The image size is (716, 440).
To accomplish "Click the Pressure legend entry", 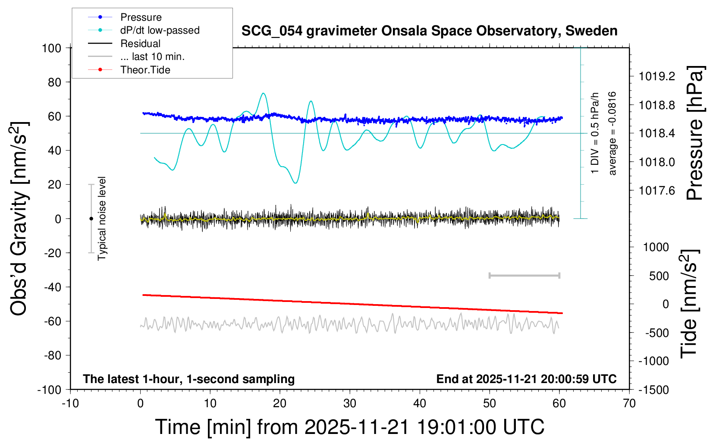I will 141,17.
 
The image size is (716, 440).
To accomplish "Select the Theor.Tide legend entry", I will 145,70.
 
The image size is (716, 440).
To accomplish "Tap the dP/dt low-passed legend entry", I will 160,30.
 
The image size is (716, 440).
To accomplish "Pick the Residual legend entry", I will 140,44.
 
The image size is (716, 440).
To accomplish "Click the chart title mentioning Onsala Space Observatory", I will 429,31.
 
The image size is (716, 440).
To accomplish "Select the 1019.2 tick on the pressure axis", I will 656,76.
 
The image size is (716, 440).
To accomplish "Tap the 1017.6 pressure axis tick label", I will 656,191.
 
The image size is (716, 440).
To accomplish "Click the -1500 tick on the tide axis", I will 654,390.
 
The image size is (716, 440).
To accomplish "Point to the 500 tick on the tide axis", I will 659,276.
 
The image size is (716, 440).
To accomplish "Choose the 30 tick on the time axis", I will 350,404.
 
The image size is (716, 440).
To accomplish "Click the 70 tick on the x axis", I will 629,404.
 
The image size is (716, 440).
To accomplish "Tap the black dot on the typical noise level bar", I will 91,219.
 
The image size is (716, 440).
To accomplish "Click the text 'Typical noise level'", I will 102,218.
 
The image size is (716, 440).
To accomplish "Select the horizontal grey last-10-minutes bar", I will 524,276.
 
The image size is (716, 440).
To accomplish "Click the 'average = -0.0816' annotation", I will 612,133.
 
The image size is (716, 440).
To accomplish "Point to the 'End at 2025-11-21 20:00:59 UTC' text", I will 526,379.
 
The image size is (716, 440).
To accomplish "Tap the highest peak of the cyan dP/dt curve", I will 263,93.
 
